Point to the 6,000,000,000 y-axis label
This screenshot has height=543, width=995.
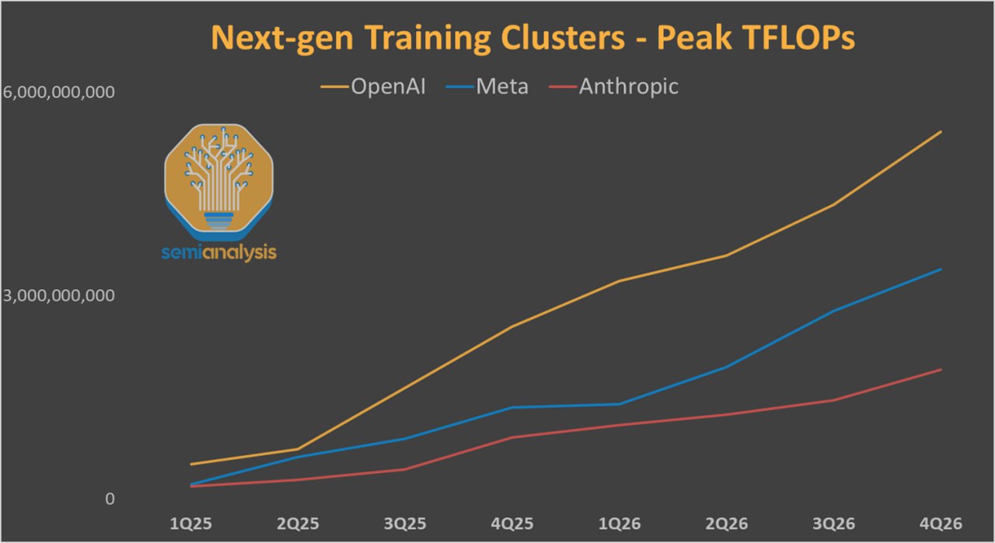coord(58,92)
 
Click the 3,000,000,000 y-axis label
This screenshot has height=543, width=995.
coord(58,296)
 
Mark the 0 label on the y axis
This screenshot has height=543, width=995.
coord(110,499)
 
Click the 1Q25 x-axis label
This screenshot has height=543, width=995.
coord(190,524)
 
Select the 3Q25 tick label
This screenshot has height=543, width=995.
coord(404,524)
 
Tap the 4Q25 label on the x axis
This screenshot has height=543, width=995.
coord(512,524)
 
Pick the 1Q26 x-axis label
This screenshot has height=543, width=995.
coord(620,524)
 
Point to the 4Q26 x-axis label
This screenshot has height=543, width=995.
coord(941,524)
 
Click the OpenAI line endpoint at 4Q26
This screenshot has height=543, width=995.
coord(941,132)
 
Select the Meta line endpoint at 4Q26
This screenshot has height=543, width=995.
coord(941,269)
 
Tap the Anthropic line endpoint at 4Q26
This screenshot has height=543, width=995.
coord(941,369)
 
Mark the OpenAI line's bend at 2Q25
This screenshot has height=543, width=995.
coord(298,449)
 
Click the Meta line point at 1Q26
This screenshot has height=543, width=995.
coord(620,404)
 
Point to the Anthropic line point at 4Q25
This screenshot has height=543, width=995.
coord(512,437)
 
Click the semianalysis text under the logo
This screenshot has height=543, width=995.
coord(219,252)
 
